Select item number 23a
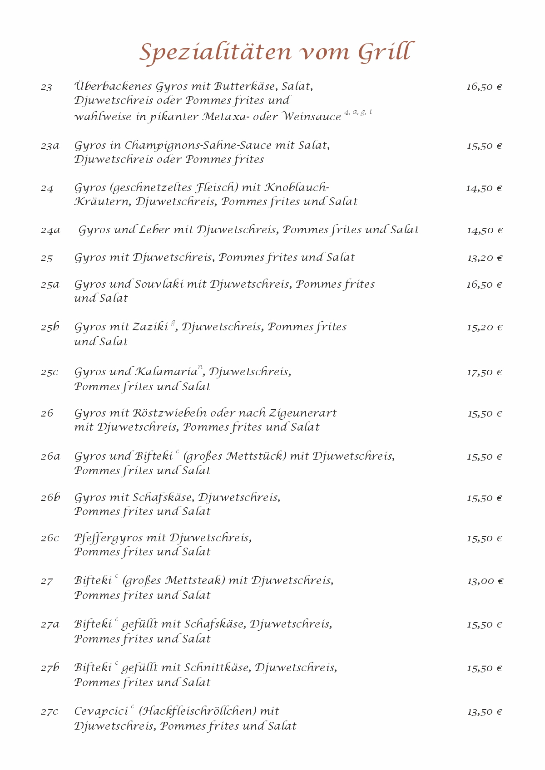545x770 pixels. point(50,146)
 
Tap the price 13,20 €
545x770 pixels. point(485,258)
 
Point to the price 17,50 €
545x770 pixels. point(485,373)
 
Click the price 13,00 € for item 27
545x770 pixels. point(485,581)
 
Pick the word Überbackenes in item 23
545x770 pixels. point(113,86)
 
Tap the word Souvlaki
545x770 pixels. point(159,284)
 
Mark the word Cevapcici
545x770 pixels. point(101,711)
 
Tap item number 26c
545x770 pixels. point(50,539)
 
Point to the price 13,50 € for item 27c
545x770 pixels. point(485,712)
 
